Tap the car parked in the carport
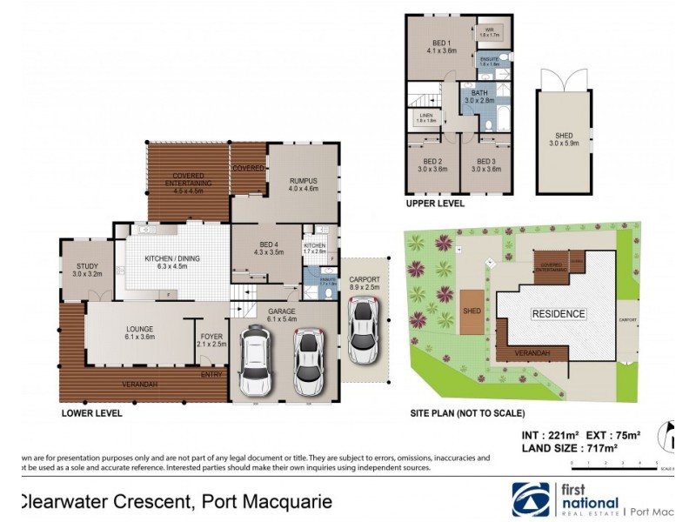(x=363, y=331)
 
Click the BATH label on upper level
(x=479, y=97)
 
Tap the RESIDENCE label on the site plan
(x=559, y=314)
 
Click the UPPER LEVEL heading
(x=435, y=204)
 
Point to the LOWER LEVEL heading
(x=92, y=414)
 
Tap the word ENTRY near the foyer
(x=211, y=375)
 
